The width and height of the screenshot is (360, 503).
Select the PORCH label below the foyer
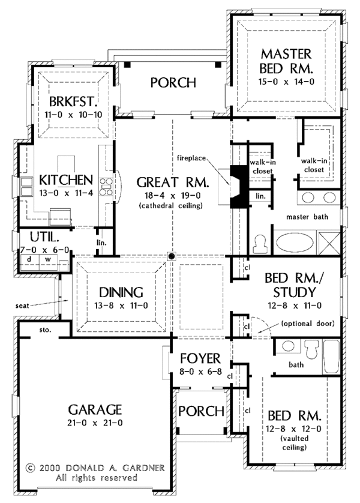201,411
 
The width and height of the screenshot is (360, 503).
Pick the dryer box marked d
29,260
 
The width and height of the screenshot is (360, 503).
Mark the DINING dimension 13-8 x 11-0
122,306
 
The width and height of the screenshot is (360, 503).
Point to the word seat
22,305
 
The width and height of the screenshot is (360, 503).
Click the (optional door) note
307,324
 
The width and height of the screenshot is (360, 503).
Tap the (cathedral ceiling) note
172,206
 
